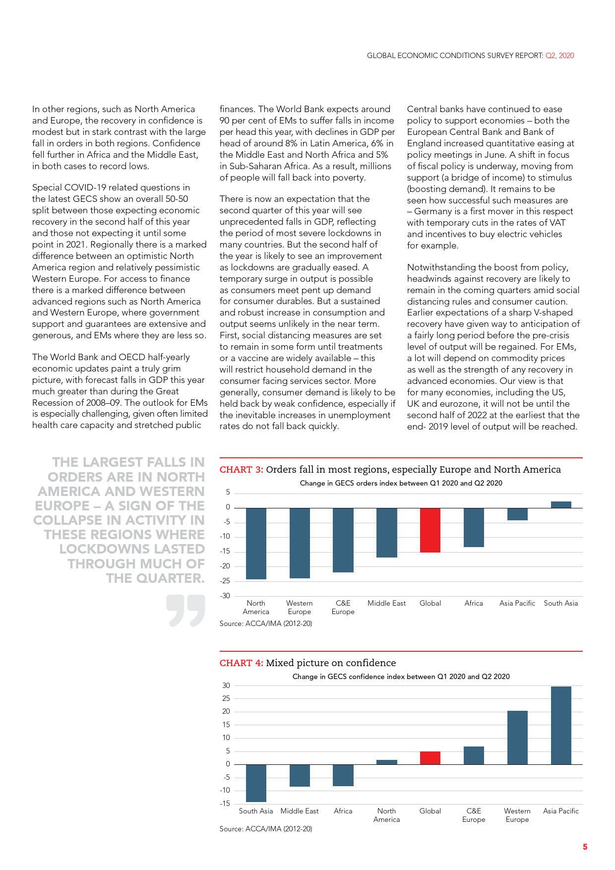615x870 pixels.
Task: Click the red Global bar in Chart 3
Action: [x=430, y=530]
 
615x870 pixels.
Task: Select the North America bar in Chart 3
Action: [x=256, y=543]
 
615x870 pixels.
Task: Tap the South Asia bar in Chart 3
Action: [x=561, y=505]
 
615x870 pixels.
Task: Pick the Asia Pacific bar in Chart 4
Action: [x=561, y=725]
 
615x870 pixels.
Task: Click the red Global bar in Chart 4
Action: [x=430, y=758]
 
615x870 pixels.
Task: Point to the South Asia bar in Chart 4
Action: [x=256, y=783]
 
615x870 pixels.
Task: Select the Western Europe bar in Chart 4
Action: [x=517, y=738]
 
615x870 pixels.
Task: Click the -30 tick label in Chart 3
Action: [x=225, y=596]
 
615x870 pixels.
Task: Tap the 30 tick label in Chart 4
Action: [x=226, y=685]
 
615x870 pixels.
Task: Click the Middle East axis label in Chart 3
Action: [x=386, y=603]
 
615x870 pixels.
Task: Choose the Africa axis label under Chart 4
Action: [x=343, y=811]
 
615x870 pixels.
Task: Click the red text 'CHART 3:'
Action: [x=242, y=470]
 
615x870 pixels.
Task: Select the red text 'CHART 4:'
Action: [x=242, y=663]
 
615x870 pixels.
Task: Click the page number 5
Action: [x=585, y=847]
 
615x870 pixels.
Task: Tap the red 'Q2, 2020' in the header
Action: [x=559, y=56]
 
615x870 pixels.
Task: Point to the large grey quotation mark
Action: [x=185, y=611]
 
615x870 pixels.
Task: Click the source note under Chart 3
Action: [x=266, y=623]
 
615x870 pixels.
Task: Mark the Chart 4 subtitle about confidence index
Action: [x=401, y=677]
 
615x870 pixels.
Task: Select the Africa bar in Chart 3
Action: [x=474, y=527]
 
